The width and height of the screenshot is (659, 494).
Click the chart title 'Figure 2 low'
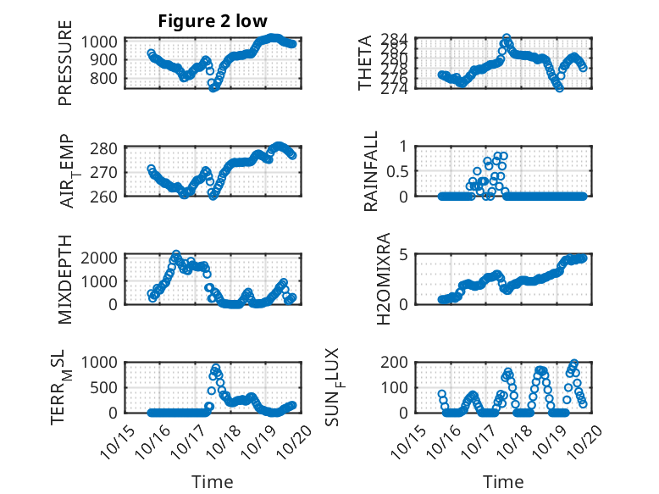click(x=213, y=21)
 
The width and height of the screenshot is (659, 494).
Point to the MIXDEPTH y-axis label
click(x=66, y=278)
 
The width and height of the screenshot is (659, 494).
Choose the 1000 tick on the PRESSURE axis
click(x=102, y=42)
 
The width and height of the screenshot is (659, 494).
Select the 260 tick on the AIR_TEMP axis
click(x=107, y=196)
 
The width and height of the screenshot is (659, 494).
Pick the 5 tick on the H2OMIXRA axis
click(x=404, y=254)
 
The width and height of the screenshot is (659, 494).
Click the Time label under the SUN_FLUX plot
click(x=503, y=482)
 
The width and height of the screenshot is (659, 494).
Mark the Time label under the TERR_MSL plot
click(x=212, y=482)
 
